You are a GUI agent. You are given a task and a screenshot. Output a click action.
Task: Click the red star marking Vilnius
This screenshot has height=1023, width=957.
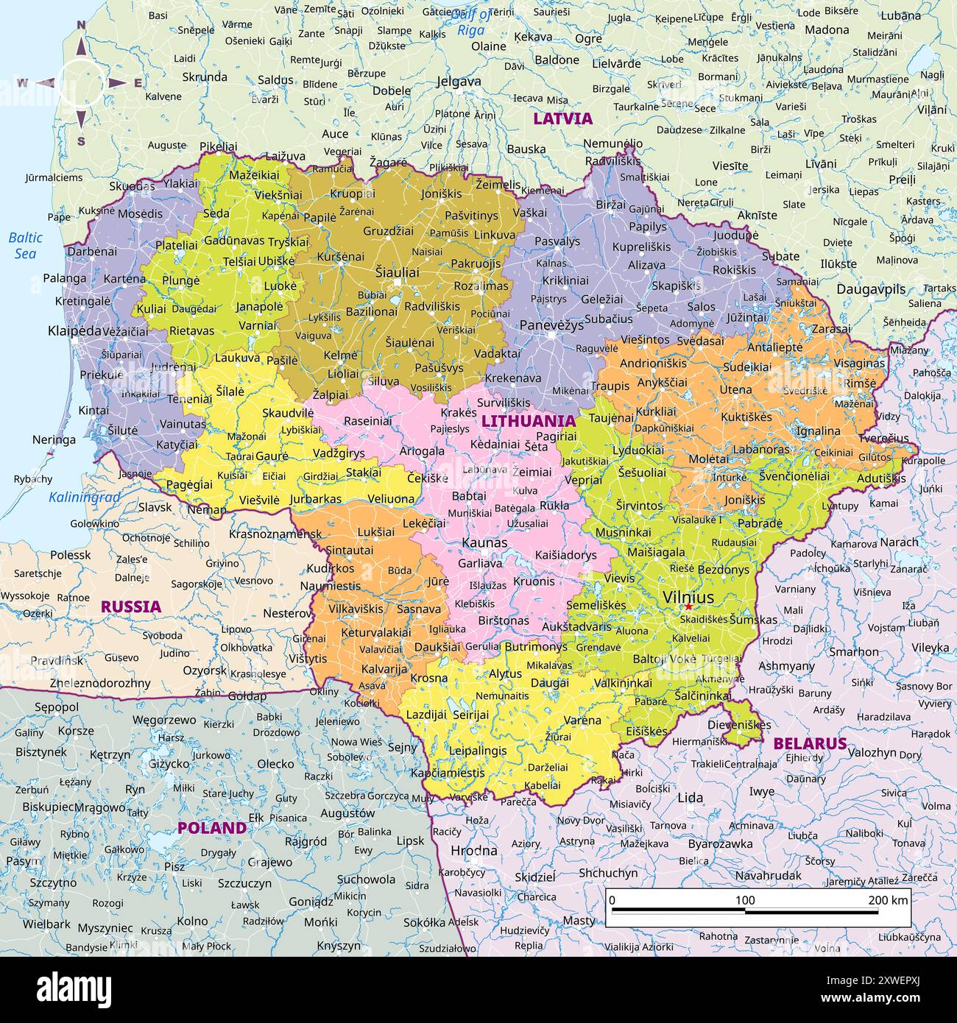[x=688, y=606]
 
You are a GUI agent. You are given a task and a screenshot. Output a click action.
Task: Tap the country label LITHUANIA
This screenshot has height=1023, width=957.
[x=528, y=421]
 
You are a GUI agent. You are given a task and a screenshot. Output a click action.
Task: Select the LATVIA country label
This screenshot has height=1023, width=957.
[x=562, y=118]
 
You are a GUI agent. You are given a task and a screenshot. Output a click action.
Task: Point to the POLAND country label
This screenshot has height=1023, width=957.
[x=212, y=827]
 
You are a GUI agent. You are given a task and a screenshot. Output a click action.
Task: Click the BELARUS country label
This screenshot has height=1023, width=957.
[x=810, y=743]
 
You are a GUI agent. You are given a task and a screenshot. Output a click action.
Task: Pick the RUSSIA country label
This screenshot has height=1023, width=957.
[x=130, y=606]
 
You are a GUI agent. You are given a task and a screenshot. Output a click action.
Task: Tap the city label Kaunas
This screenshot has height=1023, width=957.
[x=484, y=542]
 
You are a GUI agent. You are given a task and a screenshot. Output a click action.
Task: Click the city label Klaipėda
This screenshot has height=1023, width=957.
[x=74, y=330]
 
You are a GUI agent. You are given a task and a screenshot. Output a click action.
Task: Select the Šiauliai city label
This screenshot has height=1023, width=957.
[x=397, y=272]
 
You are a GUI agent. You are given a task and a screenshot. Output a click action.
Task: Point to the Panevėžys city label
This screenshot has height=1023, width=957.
[x=551, y=325]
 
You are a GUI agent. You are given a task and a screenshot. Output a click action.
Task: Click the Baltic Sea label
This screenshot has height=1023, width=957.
[x=26, y=246]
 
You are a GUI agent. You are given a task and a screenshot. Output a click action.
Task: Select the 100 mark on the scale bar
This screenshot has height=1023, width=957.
[x=745, y=900]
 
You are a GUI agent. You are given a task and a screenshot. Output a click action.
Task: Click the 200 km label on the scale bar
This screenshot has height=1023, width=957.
[x=888, y=900]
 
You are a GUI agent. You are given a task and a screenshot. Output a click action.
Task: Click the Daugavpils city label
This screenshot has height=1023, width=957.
[x=871, y=289]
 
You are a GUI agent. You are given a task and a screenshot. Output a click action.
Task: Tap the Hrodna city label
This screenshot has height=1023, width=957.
[x=473, y=851]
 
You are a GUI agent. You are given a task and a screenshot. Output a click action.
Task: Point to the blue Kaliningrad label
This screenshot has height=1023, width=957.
[x=84, y=498]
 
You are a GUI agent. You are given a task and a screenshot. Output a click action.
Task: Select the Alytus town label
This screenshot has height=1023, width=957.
[x=505, y=673]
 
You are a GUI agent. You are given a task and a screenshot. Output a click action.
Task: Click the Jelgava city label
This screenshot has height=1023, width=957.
[x=459, y=82]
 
